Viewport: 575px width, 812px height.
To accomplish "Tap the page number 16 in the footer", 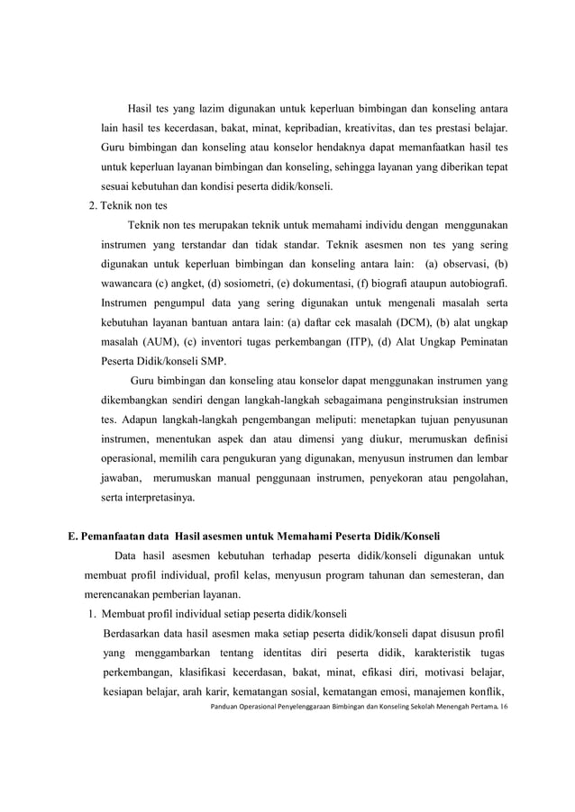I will click(504, 708).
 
